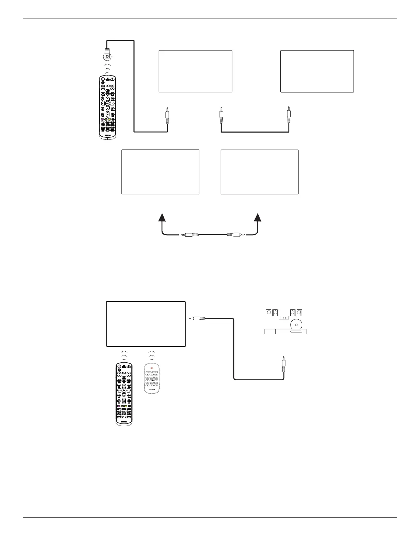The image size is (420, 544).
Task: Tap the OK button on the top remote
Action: coord(107,103)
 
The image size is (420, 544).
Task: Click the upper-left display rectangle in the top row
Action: coord(195,71)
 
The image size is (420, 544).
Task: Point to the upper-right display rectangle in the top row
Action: coord(317,71)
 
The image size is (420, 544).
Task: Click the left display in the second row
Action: coord(160,172)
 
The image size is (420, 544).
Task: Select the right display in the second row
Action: coord(259,172)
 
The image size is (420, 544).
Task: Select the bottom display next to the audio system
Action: coord(146,324)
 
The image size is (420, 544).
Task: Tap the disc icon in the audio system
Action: coord(295,324)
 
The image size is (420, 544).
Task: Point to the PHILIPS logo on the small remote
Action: coord(152,389)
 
